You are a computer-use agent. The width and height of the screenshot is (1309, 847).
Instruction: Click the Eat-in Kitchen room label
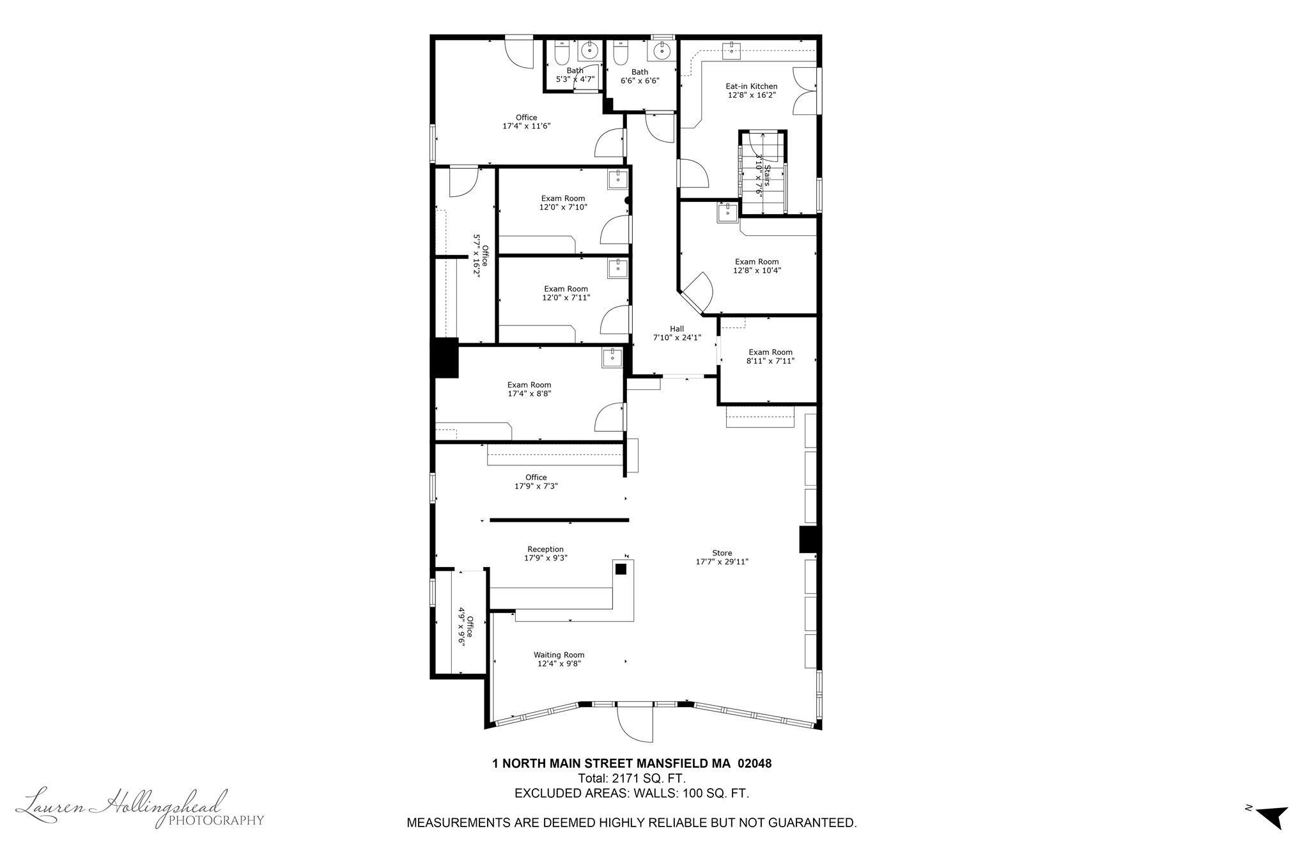751,86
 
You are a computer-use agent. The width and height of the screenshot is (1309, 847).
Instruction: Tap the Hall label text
677,329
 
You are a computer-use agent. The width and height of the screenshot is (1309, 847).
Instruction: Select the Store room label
722,553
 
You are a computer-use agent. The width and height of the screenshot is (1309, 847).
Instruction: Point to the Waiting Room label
559,655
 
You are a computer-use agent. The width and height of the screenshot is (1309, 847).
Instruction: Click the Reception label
545,549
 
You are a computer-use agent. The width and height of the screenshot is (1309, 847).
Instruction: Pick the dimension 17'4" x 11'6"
527,127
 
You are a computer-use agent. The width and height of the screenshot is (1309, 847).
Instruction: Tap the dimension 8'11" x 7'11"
770,361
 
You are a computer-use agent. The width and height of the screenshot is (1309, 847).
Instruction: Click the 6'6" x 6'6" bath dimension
640,81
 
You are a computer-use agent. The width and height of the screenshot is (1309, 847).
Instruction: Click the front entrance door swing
635,722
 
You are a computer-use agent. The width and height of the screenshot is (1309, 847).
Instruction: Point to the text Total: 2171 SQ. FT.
631,779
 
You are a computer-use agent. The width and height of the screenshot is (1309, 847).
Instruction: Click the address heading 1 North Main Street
631,763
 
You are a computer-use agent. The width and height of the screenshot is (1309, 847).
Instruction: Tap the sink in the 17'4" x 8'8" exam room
612,357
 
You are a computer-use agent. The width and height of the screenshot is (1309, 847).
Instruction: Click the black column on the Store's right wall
809,540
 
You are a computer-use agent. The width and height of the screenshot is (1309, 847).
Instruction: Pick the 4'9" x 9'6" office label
465,626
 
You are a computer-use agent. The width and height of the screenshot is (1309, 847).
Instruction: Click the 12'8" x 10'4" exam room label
757,266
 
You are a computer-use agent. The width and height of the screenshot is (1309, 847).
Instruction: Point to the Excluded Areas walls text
631,793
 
